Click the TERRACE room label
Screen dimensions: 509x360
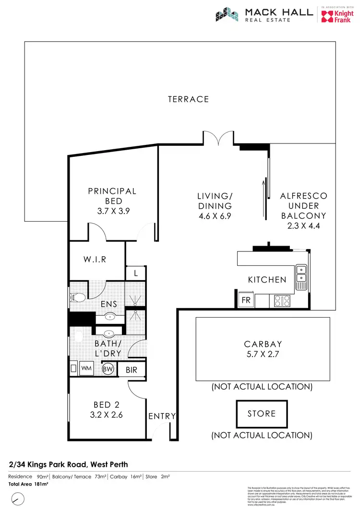click(x=188, y=99)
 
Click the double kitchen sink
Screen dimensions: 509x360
click(x=301, y=273)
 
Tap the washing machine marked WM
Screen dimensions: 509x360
click(x=86, y=369)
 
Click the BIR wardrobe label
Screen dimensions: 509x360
click(x=132, y=370)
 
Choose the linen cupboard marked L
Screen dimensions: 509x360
click(x=136, y=273)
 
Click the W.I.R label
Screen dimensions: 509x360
click(x=95, y=260)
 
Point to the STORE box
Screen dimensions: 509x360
click(x=261, y=414)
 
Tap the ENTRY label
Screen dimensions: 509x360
click(x=162, y=416)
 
